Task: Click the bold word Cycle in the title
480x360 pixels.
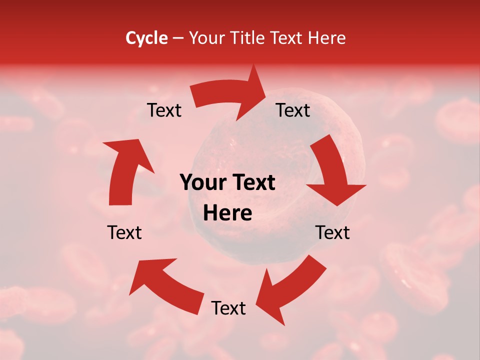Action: pos(146,38)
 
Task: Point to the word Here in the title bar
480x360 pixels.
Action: pos(327,38)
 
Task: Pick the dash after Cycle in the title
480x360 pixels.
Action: pos(178,38)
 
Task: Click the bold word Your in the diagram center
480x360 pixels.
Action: pos(202,182)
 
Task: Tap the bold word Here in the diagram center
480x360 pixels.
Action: pos(227,213)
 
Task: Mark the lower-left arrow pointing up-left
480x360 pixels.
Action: pos(165,282)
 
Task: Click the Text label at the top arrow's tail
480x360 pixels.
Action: pos(164,110)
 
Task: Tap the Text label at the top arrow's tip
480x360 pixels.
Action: pos(293,110)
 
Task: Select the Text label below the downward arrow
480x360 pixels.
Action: pos(332,232)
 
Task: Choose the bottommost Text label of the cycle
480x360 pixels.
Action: pos(228,308)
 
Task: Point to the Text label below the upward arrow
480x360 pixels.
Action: pos(124,232)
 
